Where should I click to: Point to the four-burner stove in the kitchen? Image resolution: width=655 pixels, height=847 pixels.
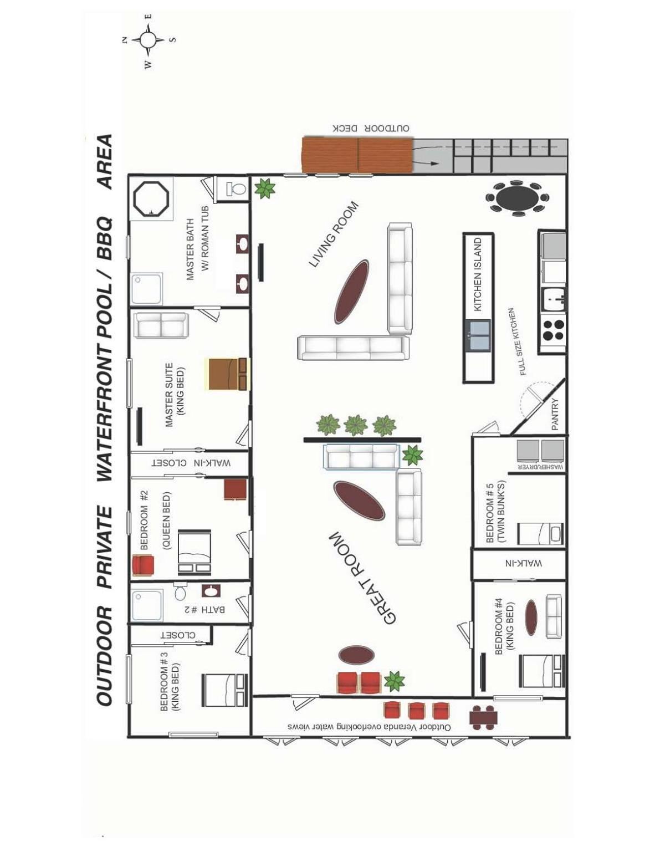click(x=553, y=330)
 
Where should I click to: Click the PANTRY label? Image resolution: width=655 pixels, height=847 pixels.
click(x=555, y=414)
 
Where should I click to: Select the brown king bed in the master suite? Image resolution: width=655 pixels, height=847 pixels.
click(x=228, y=374)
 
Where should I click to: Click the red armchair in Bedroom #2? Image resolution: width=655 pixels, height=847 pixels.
click(x=143, y=565)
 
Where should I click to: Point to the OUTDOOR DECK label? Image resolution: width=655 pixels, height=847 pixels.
click(x=371, y=128)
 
